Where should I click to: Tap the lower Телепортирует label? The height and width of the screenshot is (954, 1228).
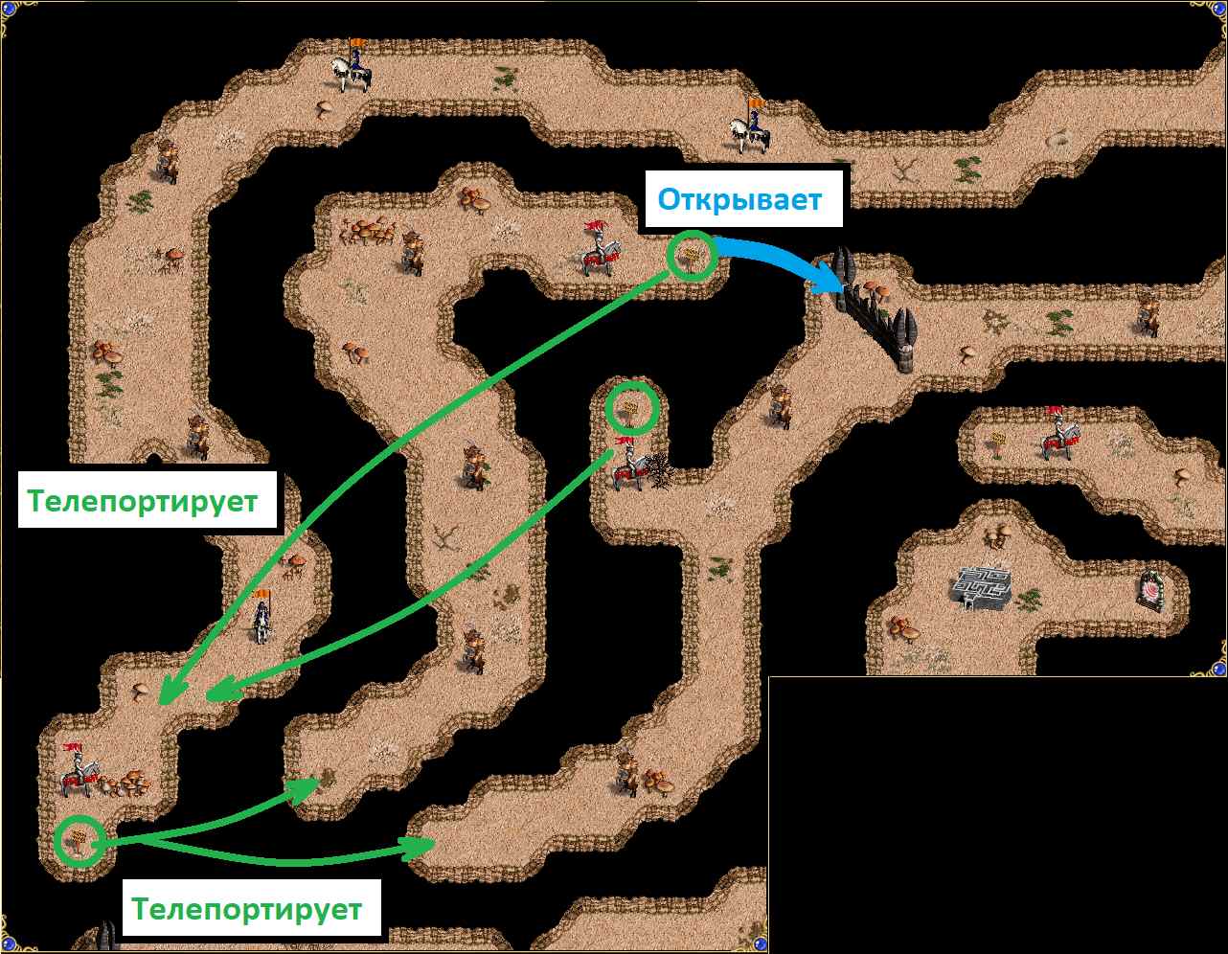click(x=246, y=908)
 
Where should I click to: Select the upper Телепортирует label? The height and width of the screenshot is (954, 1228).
click(x=143, y=501)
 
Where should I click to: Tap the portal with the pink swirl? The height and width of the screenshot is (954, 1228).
click(x=1149, y=591)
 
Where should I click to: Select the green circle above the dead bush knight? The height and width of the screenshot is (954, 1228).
click(x=632, y=408)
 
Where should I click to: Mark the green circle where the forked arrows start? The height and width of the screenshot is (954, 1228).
click(x=80, y=841)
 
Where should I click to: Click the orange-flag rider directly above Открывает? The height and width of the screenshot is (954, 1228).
click(x=750, y=126)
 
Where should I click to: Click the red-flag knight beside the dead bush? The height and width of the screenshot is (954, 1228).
click(x=629, y=464)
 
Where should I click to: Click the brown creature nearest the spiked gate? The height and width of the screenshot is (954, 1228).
click(x=780, y=405)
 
